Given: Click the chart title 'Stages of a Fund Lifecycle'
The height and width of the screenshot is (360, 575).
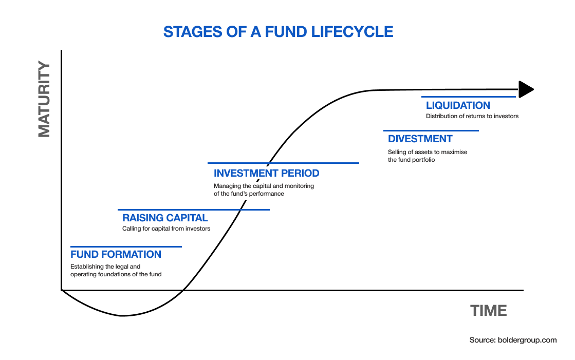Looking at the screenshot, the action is (278, 32).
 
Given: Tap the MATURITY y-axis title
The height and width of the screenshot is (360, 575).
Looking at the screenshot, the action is (44, 99).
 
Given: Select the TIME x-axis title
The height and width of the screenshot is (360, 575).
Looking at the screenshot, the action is (489, 311).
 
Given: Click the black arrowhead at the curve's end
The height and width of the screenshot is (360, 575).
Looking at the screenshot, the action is (526, 89).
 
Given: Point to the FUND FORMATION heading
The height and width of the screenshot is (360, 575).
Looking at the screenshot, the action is (116, 254).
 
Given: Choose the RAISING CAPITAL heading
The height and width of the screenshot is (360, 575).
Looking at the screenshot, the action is (165, 218).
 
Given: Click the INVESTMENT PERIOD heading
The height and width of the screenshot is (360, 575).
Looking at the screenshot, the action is (267, 173).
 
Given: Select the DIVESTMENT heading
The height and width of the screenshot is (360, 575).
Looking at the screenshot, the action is (420, 139).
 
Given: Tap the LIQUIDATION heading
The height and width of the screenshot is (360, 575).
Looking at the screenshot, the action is (458, 106).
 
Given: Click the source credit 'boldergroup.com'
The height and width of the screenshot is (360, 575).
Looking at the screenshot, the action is (527, 340).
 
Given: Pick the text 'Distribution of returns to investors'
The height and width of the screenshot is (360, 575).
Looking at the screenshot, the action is (472, 116).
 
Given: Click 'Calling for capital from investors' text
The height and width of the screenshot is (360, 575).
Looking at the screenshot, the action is (166, 229).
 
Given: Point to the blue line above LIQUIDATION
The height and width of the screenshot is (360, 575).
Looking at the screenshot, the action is (469, 97).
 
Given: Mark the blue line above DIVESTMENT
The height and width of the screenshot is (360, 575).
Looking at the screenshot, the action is (431, 130).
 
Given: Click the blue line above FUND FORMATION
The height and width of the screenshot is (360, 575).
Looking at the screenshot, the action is (126, 247).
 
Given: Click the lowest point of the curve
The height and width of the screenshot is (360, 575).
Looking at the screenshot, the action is (123, 316).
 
